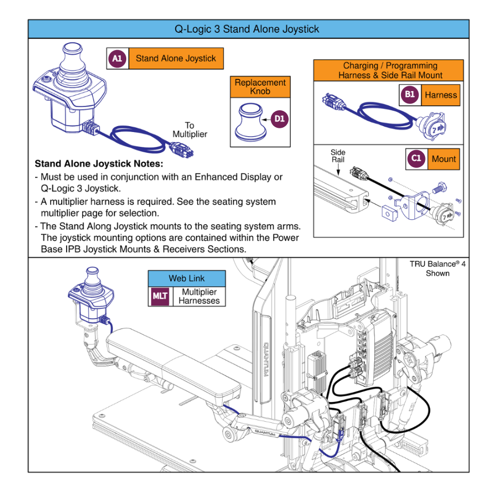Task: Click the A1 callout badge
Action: point(117,59)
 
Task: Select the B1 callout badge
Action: point(409,95)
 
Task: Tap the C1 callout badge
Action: point(416,158)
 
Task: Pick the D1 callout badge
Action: point(279,119)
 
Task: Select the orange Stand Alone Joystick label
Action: point(176,59)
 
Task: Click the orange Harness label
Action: point(440,95)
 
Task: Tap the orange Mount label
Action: point(444,159)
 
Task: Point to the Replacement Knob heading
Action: point(260,87)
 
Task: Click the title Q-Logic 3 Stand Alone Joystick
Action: point(247,29)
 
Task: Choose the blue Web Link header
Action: point(186,278)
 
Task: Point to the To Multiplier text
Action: point(190,130)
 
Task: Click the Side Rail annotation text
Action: point(338,156)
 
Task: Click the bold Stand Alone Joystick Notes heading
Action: point(99,164)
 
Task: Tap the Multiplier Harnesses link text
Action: point(199,297)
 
